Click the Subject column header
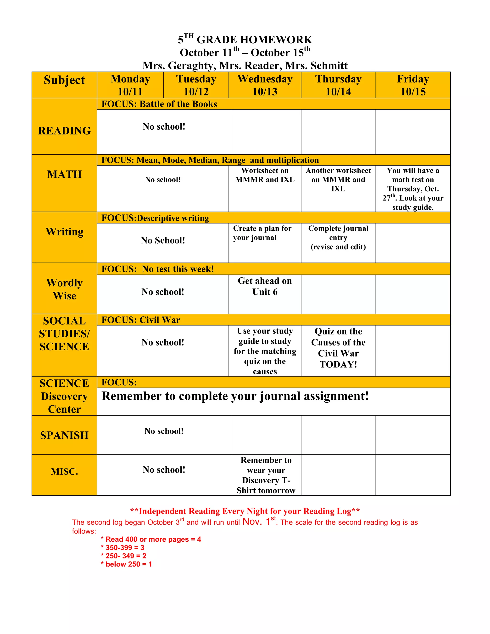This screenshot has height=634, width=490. coord(64,80)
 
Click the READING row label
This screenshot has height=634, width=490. coord(64,131)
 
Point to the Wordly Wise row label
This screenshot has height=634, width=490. coord(64,289)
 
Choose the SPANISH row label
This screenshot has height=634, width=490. coord(64,435)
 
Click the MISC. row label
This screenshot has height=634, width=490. coord(64,472)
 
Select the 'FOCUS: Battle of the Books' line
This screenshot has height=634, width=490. coord(159,104)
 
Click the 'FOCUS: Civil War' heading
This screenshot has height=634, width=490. coord(141,320)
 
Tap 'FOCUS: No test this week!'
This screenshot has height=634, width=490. coord(158,269)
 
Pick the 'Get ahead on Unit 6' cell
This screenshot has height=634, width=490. coord(265,286)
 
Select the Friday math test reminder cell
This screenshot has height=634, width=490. coord(413,189)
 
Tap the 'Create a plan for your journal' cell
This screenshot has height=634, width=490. coord(262,233)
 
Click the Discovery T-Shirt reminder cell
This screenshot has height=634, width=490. coord(266,475)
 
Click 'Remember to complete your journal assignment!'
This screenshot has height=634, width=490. coord(235,396)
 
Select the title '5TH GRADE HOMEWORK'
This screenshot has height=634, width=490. coord(245,39)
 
